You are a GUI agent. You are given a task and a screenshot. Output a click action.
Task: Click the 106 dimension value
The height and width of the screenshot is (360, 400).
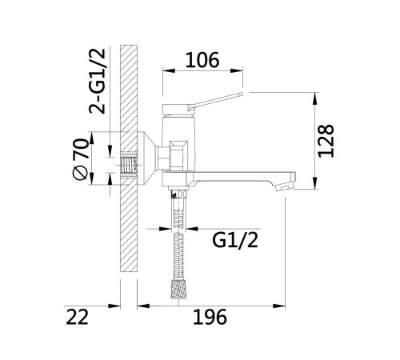(202, 60)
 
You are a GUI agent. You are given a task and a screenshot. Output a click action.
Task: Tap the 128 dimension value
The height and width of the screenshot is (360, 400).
(326, 141)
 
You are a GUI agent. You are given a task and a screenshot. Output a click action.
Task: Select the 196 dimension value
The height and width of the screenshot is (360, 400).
(210, 317)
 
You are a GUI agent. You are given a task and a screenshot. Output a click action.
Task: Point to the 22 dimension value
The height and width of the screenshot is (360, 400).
(77, 317)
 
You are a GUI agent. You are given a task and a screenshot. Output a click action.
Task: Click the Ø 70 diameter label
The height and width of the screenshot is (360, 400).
(80, 159)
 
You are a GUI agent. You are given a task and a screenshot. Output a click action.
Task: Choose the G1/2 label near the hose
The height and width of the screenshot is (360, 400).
(235, 240)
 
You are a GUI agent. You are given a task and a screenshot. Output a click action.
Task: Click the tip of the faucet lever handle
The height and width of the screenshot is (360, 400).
(242, 94)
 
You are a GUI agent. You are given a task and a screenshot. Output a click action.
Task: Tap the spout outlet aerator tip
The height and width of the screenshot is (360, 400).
(285, 186)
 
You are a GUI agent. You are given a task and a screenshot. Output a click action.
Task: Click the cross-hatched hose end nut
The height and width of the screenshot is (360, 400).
(178, 289)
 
